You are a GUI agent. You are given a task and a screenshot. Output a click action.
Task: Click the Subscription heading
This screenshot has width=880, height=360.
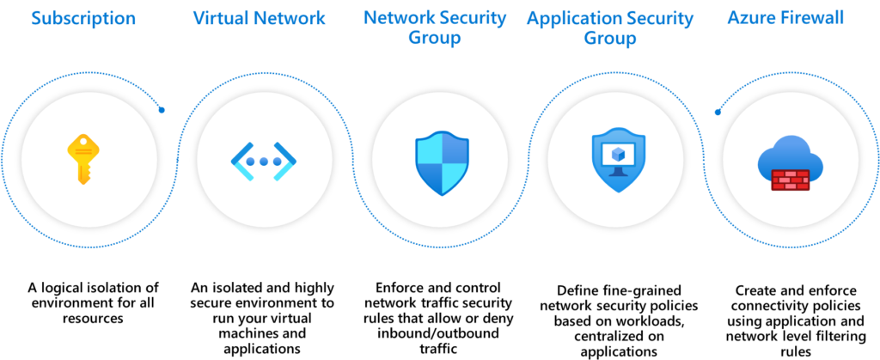pyautogui.click(x=83, y=18)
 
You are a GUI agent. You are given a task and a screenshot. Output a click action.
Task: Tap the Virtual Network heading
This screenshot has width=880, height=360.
pyautogui.click(x=259, y=18)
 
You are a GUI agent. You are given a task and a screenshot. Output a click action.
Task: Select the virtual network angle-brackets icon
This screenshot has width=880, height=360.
pyautogui.click(x=264, y=161)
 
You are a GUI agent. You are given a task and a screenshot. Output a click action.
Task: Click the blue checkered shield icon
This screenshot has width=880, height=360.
pyautogui.click(x=441, y=161)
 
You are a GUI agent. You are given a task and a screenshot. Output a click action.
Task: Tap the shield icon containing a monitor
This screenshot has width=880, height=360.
pyautogui.click(x=616, y=161)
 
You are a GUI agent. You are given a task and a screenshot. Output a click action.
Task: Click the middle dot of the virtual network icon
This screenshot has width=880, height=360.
pyautogui.click(x=264, y=161)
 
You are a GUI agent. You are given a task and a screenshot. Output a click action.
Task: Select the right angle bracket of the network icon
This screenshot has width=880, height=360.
pyautogui.click(x=288, y=161)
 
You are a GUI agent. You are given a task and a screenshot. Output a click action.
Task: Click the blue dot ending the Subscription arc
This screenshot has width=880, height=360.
pyautogui.click(x=162, y=110)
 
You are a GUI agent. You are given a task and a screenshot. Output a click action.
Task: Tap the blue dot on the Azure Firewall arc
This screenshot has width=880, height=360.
pyautogui.click(x=718, y=112)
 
